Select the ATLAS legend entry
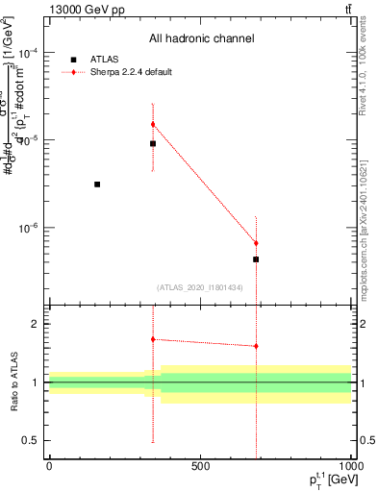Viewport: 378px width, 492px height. [x=98, y=60]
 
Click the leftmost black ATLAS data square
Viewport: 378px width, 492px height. [x=97, y=184]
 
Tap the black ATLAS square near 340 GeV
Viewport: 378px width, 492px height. [x=152, y=143]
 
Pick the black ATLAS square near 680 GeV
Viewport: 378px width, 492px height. [x=256, y=259]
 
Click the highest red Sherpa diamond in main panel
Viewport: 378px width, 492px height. [x=152, y=124]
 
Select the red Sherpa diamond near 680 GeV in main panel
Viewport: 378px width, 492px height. [x=256, y=243]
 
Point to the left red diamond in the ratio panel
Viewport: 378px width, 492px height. [x=152, y=339]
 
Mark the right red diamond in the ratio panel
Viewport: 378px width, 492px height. [x=256, y=346]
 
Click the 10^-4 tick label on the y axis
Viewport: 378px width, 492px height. [x=29, y=53]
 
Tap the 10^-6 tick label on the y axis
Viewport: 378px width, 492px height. [x=29, y=229]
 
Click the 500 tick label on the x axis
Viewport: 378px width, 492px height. [x=200, y=467]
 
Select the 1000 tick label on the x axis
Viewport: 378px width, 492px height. [x=350, y=467]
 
